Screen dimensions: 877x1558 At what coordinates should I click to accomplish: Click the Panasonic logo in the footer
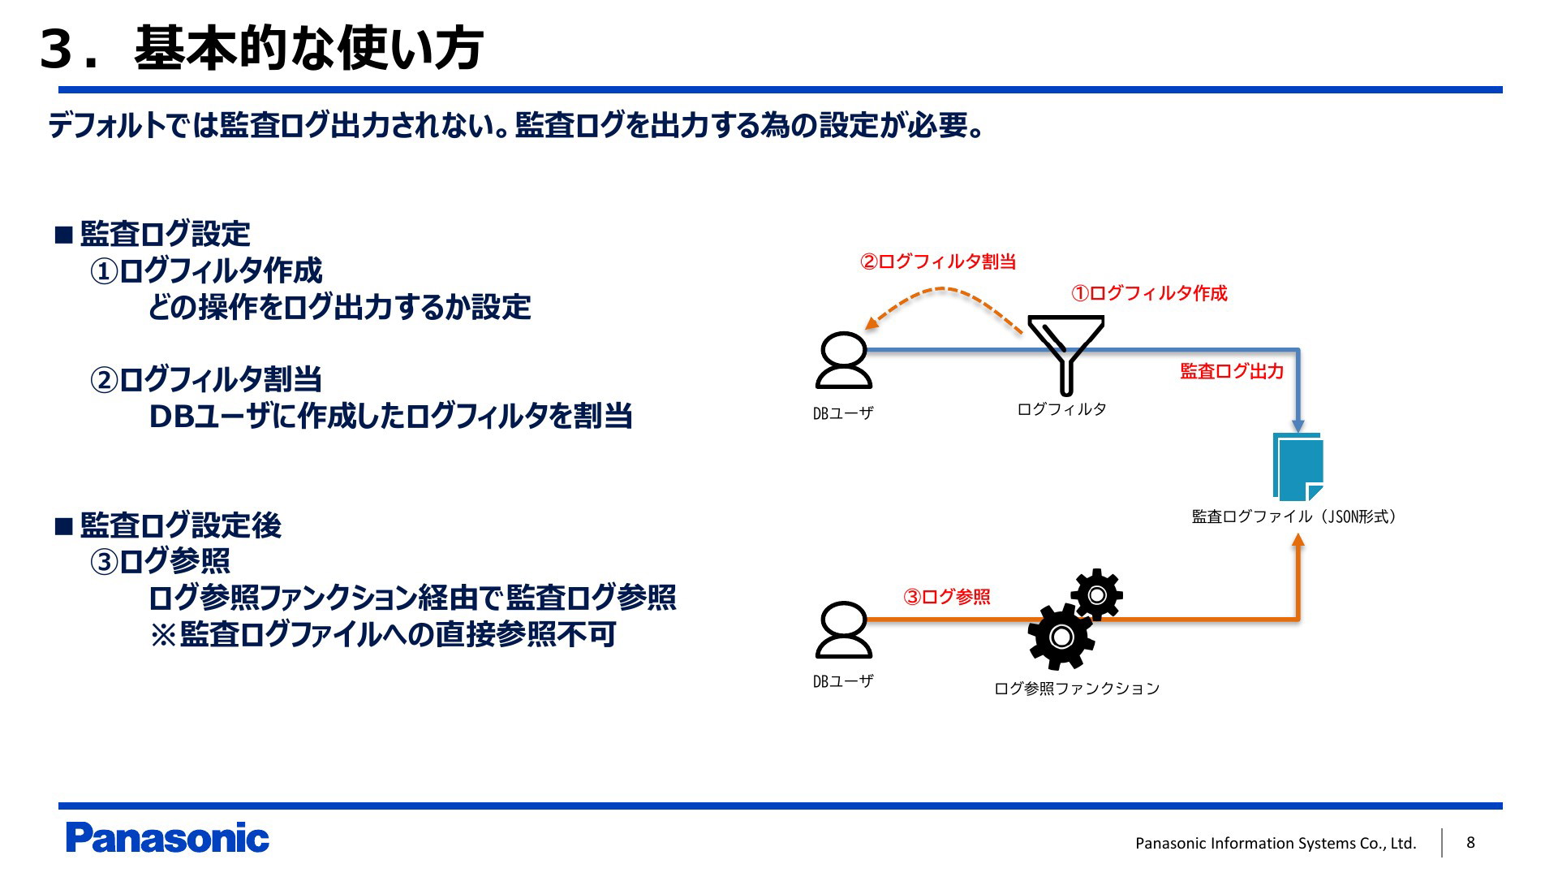click(x=167, y=838)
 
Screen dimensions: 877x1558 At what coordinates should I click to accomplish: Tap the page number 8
click(x=1470, y=842)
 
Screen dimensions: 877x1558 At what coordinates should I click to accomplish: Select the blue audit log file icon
click(x=1298, y=467)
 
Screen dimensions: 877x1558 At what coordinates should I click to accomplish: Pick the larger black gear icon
click(x=1060, y=637)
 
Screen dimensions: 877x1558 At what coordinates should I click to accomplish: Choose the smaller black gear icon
click(x=1096, y=594)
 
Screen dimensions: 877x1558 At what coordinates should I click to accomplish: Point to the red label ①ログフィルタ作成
click(x=1149, y=293)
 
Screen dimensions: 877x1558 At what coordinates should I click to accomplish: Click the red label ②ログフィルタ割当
click(x=938, y=261)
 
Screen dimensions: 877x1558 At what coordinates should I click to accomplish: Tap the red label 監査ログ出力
click(x=1231, y=371)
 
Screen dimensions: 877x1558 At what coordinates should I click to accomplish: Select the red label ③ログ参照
click(x=946, y=597)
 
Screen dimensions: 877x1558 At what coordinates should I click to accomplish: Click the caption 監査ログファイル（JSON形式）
click(x=1293, y=516)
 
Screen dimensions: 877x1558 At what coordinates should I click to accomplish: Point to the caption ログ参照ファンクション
click(x=1077, y=689)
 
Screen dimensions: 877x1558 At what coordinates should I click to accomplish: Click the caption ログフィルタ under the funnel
click(x=1061, y=409)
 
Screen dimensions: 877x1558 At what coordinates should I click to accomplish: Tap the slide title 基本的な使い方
click(x=308, y=47)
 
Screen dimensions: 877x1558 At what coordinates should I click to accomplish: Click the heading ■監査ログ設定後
click(x=169, y=525)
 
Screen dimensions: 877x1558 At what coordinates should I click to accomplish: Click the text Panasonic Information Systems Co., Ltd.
click(x=1275, y=843)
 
